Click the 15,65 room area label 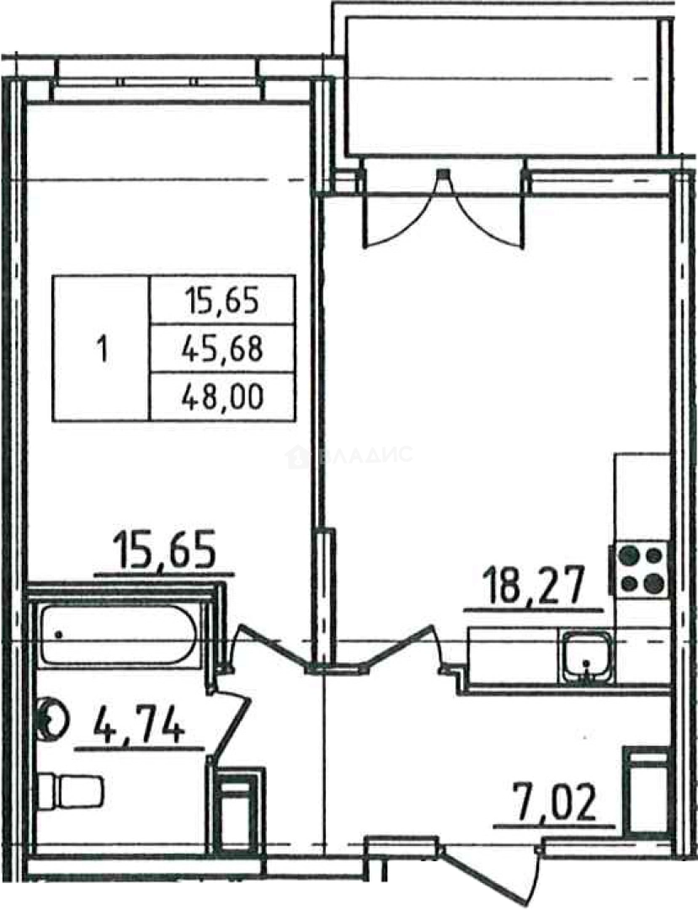pos(165,549)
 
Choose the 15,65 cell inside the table pos(221,302)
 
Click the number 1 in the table pos(104,351)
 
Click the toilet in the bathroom pos(70,790)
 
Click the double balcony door pos(444,209)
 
